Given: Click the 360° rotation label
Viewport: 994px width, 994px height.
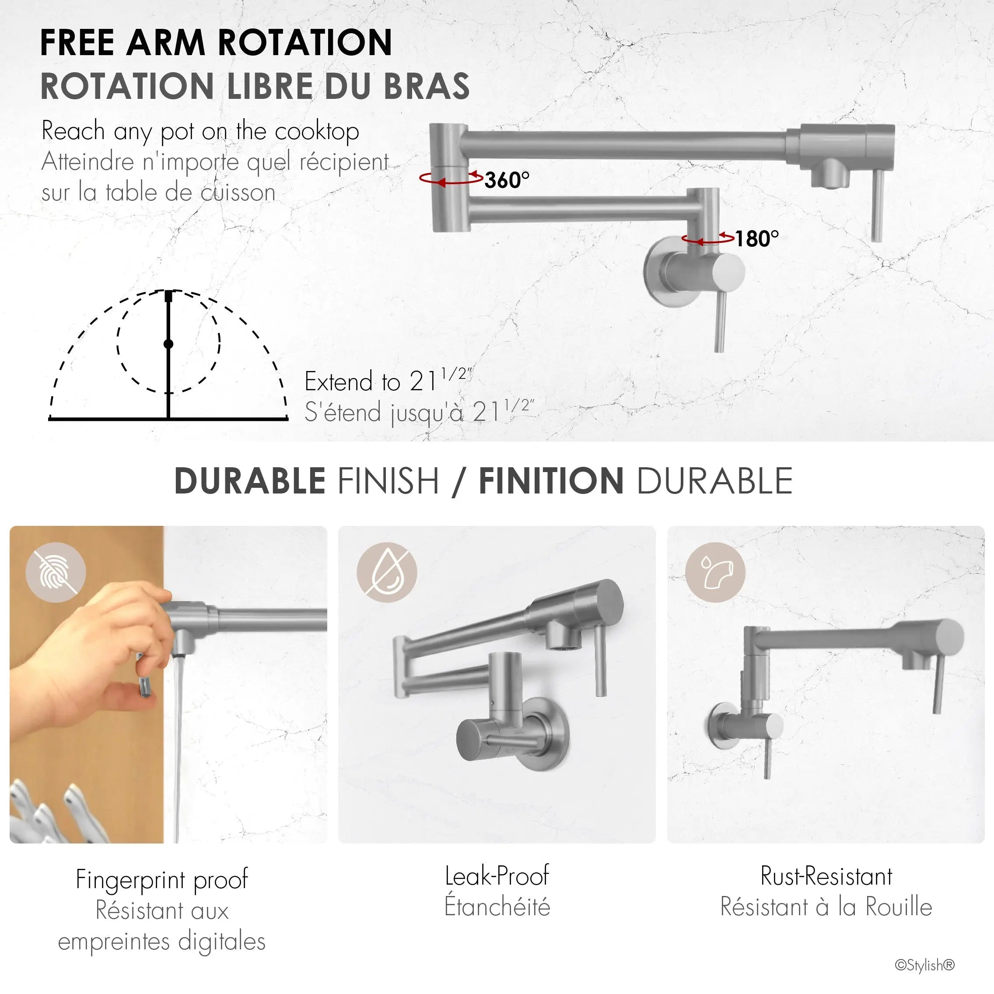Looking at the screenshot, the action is click(x=507, y=179).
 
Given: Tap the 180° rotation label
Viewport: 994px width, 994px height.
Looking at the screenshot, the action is click(x=756, y=238).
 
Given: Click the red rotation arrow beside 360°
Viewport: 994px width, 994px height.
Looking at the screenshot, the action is click(x=451, y=178).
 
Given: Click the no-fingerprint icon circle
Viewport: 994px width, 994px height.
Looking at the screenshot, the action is click(x=56, y=572).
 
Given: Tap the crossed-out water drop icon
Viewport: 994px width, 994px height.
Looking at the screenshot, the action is click(x=387, y=572).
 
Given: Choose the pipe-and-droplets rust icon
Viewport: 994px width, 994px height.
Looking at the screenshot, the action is click(x=715, y=572).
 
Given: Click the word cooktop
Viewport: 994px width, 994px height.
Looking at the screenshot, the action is click(x=317, y=132).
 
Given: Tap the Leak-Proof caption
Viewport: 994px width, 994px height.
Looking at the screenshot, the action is click(x=497, y=876).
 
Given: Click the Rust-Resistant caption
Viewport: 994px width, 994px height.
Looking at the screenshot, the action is click(x=826, y=876).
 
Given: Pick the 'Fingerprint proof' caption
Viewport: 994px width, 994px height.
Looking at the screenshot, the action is click(x=161, y=879).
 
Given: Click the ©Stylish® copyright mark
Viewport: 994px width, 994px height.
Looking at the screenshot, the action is click(x=924, y=965).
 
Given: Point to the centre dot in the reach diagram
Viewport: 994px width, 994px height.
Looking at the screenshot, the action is click(x=168, y=344).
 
